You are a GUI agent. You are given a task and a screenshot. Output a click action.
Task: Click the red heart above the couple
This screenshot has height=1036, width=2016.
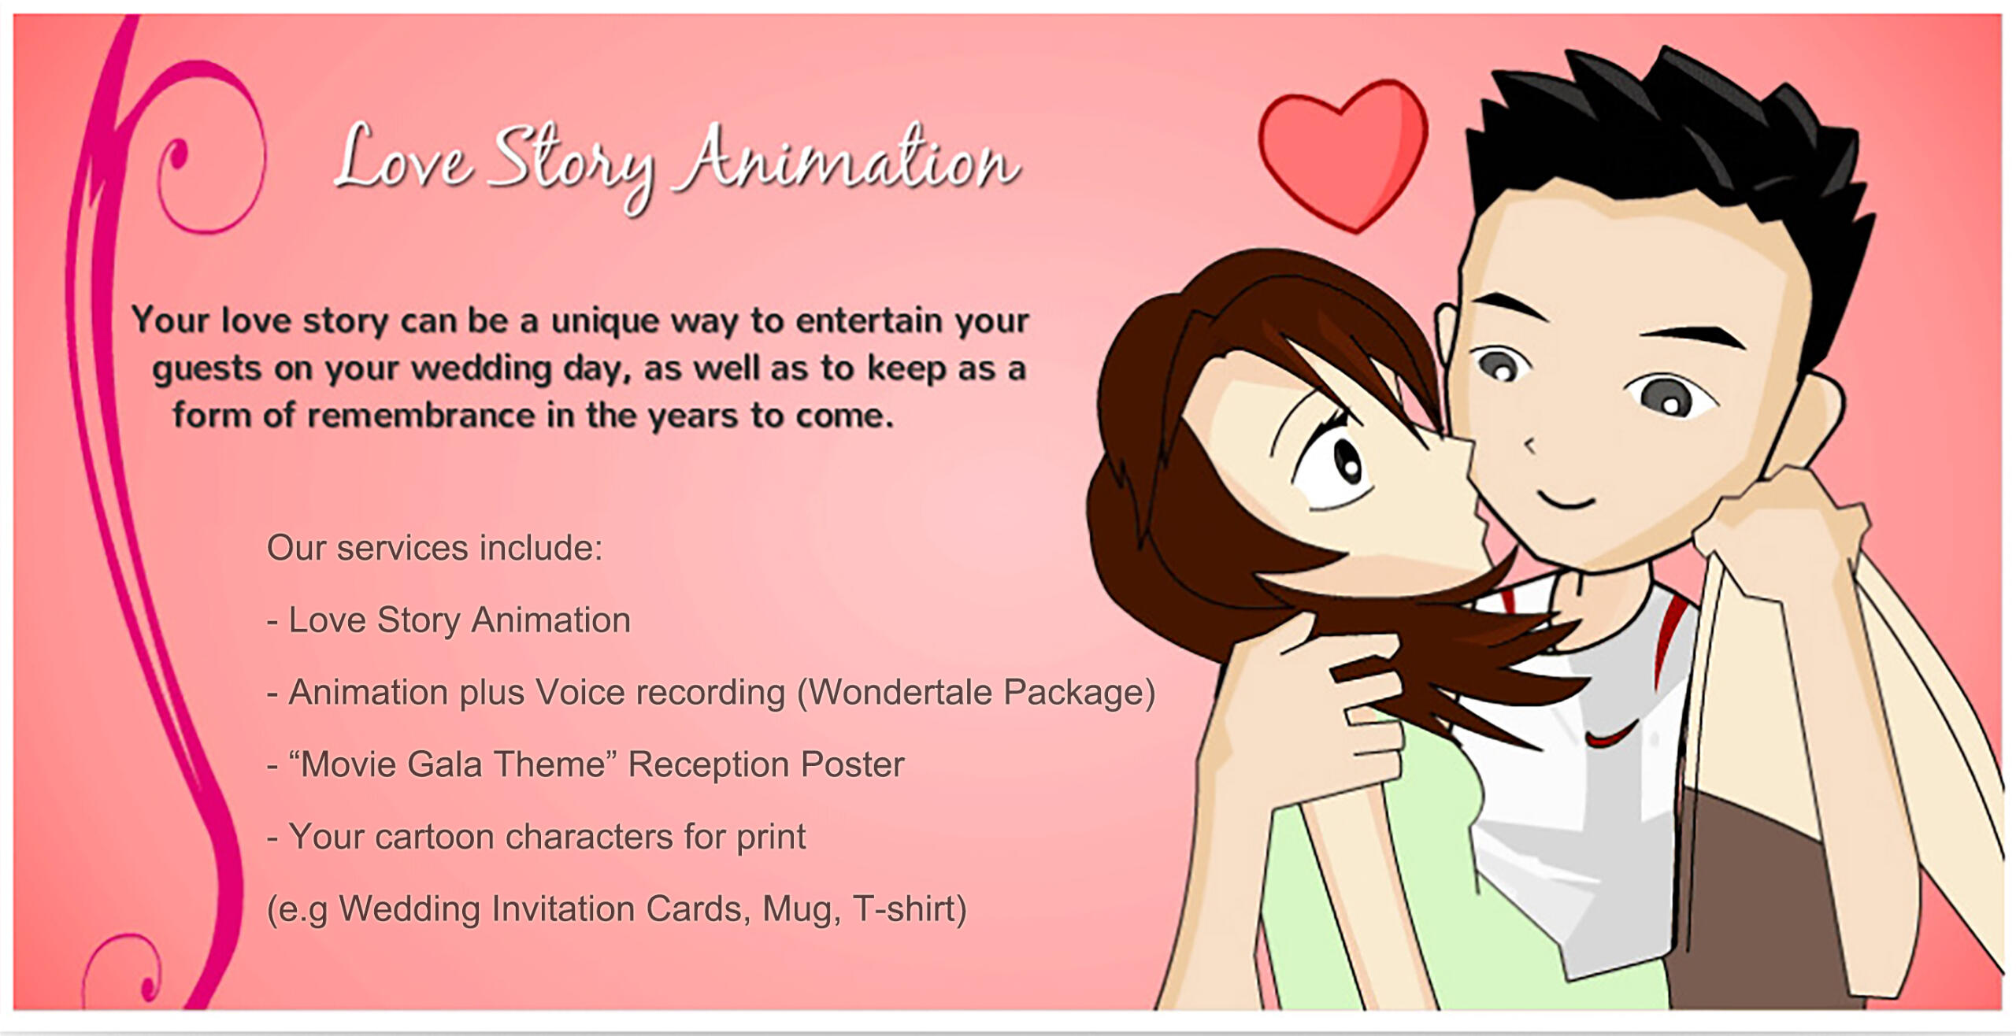tap(1343, 154)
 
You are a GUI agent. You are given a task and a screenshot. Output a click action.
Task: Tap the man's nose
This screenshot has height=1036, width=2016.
tap(1529, 445)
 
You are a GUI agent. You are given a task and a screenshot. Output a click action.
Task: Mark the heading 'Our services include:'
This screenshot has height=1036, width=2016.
tap(435, 548)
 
